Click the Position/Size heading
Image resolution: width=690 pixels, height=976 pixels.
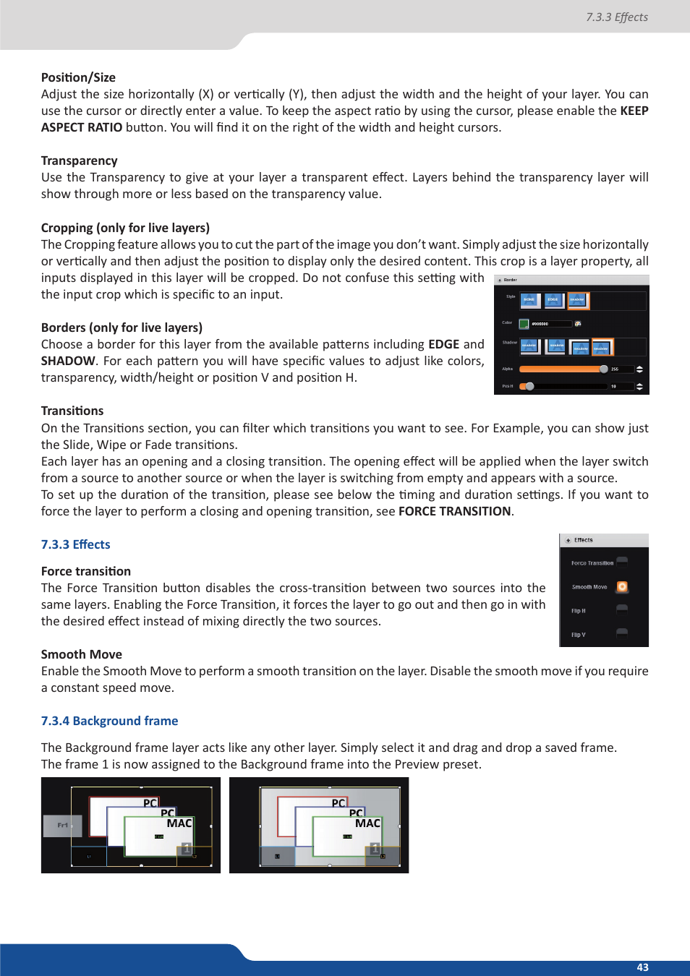pos(78,77)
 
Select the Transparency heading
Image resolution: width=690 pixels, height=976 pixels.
pos(79,160)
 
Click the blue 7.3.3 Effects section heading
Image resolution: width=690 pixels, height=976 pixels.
pos(75,544)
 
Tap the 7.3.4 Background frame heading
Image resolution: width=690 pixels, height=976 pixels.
pos(109,721)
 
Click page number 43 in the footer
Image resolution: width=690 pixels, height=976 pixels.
pos(642,967)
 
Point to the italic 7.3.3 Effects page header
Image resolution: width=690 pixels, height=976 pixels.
pos(616,17)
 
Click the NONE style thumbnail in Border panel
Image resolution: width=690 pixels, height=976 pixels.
pos(529,300)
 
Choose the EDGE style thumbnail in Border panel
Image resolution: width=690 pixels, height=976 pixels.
pos(553,300)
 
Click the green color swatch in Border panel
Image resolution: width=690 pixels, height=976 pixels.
pos(524,324)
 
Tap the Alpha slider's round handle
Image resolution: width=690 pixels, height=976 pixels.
pos(603,369)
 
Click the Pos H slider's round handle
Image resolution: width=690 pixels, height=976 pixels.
pos(529,386)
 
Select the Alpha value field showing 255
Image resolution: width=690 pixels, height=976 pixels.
pos(621,369)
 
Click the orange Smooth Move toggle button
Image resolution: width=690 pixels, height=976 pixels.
pos(622,586)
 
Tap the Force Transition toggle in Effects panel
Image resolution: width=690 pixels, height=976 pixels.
pos(622,562)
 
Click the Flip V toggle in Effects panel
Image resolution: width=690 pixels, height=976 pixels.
pos(622,634)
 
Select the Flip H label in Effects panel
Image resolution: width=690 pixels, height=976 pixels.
pos(579,611)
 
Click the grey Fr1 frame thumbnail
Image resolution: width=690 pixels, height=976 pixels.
pos(63,826)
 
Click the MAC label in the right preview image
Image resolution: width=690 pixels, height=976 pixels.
pos(367,823)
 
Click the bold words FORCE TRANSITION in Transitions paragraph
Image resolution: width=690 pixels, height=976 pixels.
pos(454,511)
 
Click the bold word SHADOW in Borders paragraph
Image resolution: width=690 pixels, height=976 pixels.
pos(68,361)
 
